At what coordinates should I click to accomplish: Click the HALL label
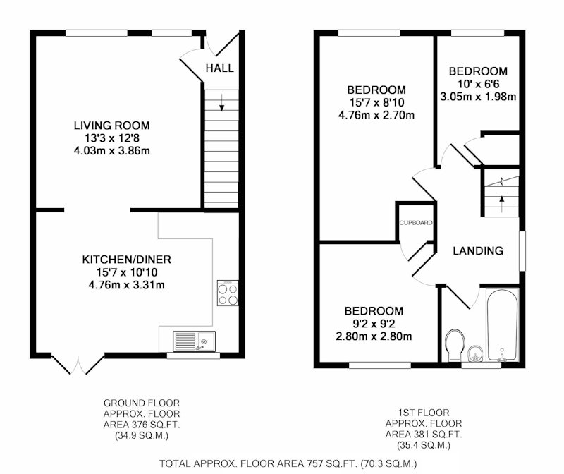pos(219,68)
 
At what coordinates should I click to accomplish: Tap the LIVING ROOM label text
pos(112,126)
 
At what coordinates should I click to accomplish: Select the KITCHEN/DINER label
pos(127,260)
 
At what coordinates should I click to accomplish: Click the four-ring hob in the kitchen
pos(228,293)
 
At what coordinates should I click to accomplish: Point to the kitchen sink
pos(195,341)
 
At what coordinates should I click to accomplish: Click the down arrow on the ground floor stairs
pos(221,102)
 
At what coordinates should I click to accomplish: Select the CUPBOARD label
pos(416,223)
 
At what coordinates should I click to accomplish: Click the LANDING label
pos(478,251)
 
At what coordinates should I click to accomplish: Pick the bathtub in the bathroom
pos(503,325)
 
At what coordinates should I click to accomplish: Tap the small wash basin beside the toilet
pos(477,353)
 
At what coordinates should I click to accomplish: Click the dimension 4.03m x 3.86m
pos(112,150)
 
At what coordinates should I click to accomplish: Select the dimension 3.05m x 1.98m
pos(478,97)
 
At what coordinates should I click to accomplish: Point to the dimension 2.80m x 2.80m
pos(374,336)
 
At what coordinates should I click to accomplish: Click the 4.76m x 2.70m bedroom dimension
pos(376,115)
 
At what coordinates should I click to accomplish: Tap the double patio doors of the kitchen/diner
pos(78,364)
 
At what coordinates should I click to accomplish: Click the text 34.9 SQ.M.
pos(142,436)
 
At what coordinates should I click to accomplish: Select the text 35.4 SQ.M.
pos(424,445)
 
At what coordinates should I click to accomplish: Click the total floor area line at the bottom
pos(288,463)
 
